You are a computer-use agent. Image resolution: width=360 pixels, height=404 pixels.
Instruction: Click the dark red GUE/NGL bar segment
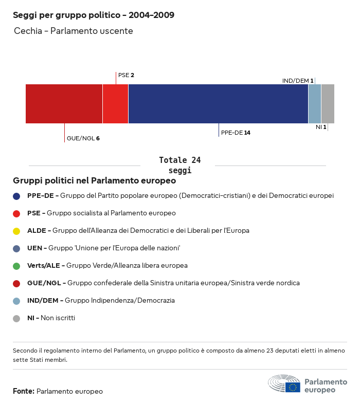(64, 104)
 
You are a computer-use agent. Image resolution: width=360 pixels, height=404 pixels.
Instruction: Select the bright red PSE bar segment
(115, 104)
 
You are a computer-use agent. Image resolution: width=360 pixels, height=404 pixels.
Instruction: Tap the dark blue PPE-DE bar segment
(218, 104)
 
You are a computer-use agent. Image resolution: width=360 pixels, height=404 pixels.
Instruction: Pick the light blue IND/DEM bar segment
(315, 104)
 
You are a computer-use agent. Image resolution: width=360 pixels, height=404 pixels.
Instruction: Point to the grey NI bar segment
(328, 104)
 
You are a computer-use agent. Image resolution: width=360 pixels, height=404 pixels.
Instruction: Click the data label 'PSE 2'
(126, 75)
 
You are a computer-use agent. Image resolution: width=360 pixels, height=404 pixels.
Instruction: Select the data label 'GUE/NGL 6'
(83, 138)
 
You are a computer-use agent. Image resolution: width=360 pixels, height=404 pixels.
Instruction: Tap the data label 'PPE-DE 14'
(236, 133)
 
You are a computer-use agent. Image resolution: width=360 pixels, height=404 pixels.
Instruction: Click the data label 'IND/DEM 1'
(298, 81)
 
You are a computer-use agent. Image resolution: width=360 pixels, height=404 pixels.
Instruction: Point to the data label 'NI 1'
(321, 126)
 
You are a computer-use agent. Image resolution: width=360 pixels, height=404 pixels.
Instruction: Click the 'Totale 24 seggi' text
(179, 165)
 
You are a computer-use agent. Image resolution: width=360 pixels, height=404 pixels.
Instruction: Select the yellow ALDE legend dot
(16, 231)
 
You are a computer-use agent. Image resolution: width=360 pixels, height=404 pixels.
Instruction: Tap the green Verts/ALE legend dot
(16, 266)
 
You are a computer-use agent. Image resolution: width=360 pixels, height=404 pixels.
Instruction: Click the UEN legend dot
(16, 248)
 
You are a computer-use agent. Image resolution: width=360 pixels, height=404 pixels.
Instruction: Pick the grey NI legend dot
(16, 318)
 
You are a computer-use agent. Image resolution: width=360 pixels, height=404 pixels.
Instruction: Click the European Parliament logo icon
(284, 384)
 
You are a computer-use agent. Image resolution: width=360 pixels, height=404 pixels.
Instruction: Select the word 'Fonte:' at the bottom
(24, 391)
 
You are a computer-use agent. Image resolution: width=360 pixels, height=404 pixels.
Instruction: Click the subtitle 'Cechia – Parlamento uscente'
(74, 31)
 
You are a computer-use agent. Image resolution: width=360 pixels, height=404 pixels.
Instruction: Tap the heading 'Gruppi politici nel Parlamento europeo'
(95, 181)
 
